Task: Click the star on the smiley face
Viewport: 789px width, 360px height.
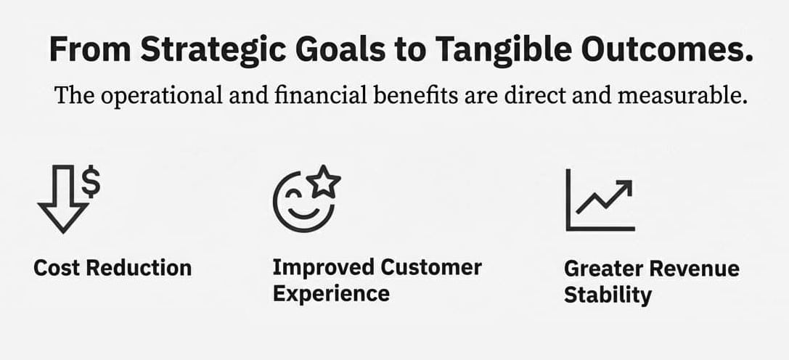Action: (324, 180)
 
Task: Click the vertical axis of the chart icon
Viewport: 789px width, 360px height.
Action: (568, 200)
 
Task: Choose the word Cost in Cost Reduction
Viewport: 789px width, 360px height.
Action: (57, 267)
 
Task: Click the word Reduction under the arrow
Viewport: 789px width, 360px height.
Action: (139, 267)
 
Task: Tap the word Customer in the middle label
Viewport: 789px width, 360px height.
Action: (431, 267)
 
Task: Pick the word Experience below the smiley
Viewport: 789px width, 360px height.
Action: (331, 293)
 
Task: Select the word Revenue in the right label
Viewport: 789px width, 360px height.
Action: (693, 269)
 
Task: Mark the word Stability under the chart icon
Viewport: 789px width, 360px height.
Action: (608, 295)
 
